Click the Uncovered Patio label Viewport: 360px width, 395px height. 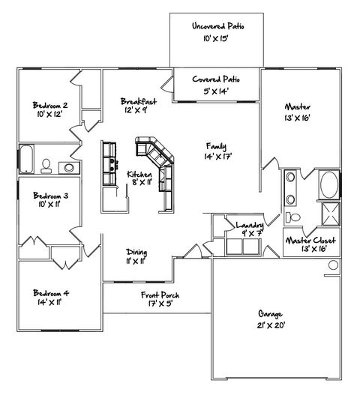click(x=217, y=26)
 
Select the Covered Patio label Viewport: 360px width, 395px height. click(x=216, y=79)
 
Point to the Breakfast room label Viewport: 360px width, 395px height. click(x=139, y=101)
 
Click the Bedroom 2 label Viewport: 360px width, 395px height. click(x=51, y=105)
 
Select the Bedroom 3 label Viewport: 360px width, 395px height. click(x=51, y=196)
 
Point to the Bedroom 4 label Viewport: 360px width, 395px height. click(x=51, y=293)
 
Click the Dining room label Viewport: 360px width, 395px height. click(x=136, y=253)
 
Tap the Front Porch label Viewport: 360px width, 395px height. click(x=160, y=295)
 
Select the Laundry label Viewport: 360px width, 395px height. click(x=248, y=225)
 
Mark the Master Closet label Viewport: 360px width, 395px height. click(x=310, y=240)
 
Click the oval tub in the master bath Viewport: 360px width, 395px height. click(x=328, y=184)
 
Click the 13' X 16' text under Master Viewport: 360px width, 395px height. click(x=297, y=118)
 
